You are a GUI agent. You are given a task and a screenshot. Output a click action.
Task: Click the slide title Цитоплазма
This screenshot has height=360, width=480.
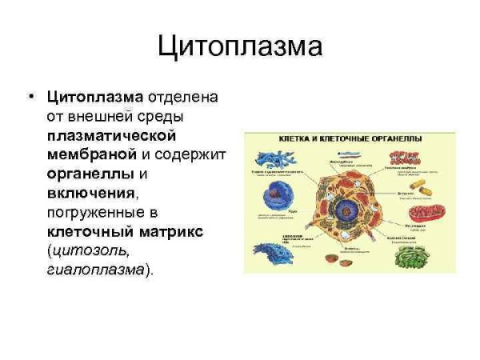(x=240, y=46)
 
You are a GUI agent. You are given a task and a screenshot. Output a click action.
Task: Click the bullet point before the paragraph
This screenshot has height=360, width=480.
(x=30, y=97)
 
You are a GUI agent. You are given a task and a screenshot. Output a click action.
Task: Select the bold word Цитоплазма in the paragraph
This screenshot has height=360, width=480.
(x=94, y=97)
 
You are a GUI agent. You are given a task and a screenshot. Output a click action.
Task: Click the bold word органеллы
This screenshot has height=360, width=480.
(x=90, y=174)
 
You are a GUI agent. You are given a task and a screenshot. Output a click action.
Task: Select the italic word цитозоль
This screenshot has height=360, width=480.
(x=99, y=250)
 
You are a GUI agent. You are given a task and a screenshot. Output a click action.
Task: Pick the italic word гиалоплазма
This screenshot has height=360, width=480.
(x=96, y=270)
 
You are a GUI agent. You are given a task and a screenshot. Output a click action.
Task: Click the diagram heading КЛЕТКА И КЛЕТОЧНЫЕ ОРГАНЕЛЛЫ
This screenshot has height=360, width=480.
(x=350, y=138)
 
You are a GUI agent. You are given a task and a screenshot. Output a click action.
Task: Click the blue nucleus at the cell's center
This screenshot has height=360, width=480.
(x=346, y=211)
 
